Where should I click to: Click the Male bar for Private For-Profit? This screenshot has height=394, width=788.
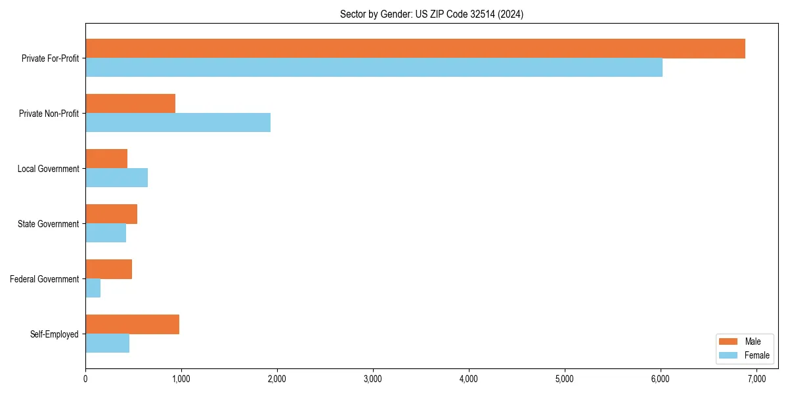click(415, 49)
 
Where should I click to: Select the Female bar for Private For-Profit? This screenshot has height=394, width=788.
click(374, 68)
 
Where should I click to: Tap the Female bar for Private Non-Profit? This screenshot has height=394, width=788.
click(178, 123)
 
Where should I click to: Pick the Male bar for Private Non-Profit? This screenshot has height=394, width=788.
click(130, 104)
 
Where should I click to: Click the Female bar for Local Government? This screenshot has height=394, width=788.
click(116, 178)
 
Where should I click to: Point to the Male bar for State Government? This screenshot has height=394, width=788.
click(111, 214)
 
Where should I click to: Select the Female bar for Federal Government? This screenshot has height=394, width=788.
click(93, 288)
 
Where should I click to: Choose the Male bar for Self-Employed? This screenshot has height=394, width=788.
click(132, 324)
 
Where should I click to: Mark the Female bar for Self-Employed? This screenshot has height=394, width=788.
click(107, 343)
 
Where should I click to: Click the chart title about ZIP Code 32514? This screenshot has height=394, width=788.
click(431, 14)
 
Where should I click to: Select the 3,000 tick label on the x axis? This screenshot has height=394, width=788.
click(373, 379)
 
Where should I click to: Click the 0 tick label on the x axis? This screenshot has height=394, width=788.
click(85, 379)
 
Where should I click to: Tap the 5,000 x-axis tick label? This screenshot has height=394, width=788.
click(565, 379)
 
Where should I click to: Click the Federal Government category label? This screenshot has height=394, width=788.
click(44, 279)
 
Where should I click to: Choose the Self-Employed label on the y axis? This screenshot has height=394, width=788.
click(54, 334)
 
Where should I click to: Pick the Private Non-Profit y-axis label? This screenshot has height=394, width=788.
click(49, 114)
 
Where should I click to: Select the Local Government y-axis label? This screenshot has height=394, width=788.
click(48, 169)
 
